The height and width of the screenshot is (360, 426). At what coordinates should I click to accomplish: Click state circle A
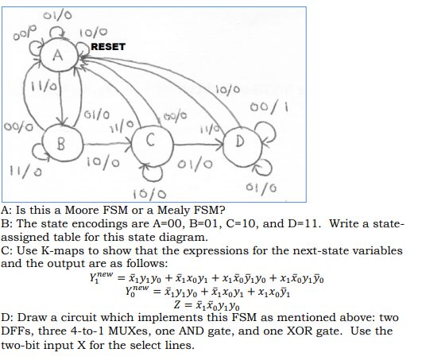point(56,56)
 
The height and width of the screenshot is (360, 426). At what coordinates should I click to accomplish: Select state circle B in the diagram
point(59,143)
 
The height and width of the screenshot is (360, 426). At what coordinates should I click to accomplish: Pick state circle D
point(238,142)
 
